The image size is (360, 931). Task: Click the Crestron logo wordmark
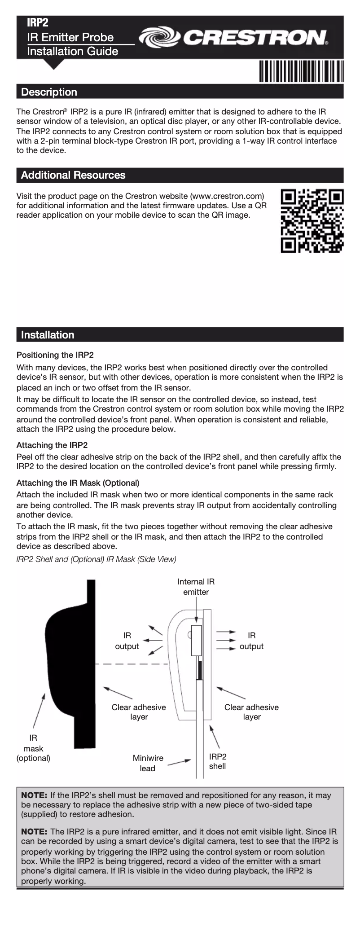point(233,38)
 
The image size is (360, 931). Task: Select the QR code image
point(312,221)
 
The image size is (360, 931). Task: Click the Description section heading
point(49,92)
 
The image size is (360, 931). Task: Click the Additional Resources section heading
point(73,175)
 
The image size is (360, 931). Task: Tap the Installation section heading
point(48,335)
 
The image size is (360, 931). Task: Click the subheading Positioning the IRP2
point(55,355)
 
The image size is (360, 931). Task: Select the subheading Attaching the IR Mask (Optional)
point(78,483)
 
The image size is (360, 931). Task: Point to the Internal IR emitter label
point(196,587)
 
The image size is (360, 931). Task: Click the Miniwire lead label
point(148,763)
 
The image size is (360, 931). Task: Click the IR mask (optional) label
point(33,748)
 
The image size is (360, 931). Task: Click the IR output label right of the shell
point(251,641)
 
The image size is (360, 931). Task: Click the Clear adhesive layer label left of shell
point(139,712)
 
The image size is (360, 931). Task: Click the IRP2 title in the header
point(38,22)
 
